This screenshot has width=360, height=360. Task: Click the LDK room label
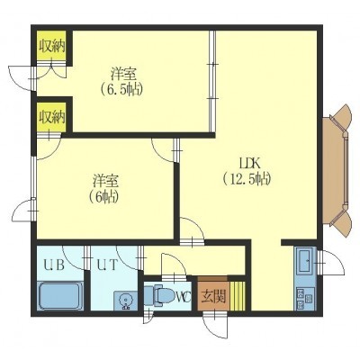coord(248,164)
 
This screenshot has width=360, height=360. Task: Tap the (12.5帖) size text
coord(247,179)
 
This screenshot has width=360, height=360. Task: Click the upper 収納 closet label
coord(52,47)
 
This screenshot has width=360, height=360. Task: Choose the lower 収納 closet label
coord(53,117)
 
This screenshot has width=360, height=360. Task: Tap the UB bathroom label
coord(54,265)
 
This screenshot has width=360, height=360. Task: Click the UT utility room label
coord(106,265)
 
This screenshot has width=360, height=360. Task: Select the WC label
coord(184,297)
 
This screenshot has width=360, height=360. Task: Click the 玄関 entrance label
coord(213,297)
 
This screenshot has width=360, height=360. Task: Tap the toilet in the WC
coord(159,295)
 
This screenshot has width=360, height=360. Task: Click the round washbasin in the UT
coord(125,301)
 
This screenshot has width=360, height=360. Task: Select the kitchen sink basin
coord(305,260)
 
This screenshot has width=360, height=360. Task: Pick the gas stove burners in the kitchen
coord(304,299)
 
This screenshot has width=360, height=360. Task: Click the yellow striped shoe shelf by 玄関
coord(238,296)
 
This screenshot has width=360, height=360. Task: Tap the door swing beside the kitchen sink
coord(331,263)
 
